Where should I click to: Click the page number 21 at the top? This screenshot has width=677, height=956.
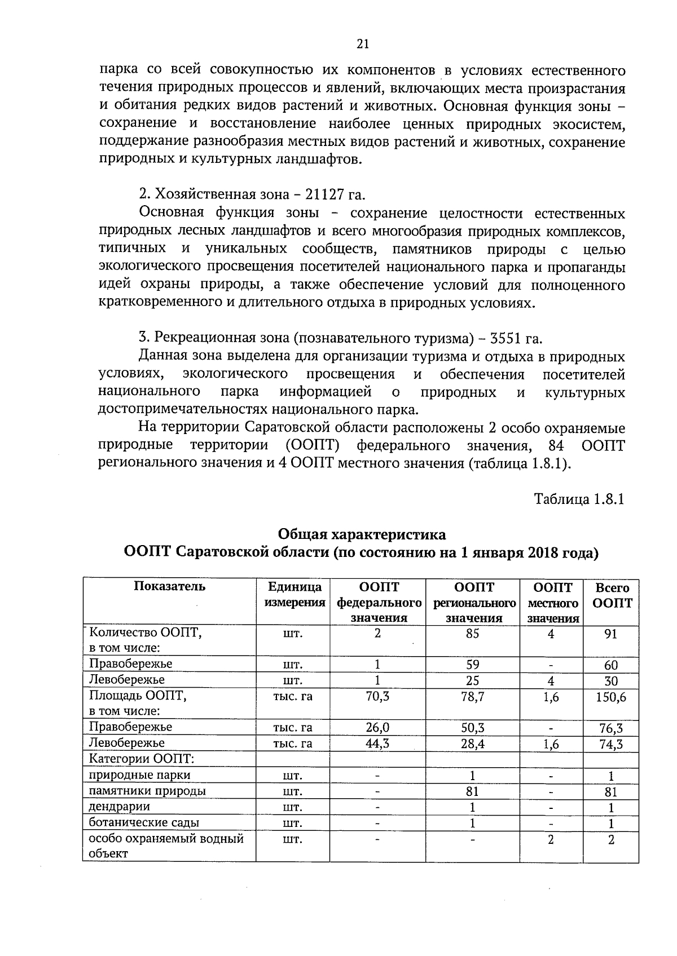(x=362, y=44)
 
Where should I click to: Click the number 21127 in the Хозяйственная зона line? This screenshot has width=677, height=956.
(x=324, y=194)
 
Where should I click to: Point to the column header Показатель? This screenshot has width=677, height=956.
(x=169, y=586)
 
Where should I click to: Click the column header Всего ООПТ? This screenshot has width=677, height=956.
(x=612, y=595)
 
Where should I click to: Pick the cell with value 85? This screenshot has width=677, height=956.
(x=472, y=634)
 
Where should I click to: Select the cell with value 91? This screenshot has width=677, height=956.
(x=610, y=634)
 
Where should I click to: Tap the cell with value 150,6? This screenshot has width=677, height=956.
(x=611, y=697)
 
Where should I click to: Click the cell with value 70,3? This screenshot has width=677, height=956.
(x=377, y=696)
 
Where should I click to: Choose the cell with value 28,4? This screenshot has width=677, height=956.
(x=472, y=743)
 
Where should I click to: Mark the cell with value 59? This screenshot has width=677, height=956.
(x=472, y=665)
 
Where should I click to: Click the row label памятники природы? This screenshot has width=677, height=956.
(x=147, y=791)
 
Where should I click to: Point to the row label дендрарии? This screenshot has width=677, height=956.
(x=120, y=807)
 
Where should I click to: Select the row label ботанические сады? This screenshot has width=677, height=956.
(x=144, y=822)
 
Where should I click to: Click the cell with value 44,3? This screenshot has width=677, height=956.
(x=377, y=743)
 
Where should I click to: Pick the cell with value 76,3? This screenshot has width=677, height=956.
(x=611, y=728)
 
